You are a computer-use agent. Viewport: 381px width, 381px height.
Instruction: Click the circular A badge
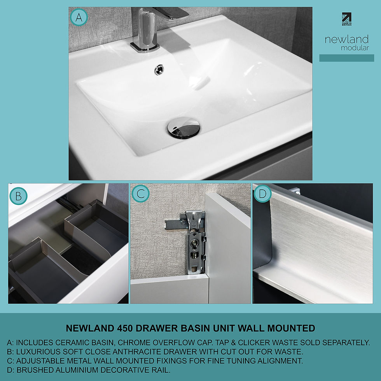point(79,17)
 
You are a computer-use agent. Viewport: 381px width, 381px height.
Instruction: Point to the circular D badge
point(262,194)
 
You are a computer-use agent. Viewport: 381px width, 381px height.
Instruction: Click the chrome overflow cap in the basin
point(159,70)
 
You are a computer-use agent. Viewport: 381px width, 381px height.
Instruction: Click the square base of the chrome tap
point(145,46)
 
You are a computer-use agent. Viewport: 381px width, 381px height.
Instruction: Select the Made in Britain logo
point(346,19)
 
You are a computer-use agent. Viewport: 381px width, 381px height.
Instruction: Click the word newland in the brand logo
point(346,40)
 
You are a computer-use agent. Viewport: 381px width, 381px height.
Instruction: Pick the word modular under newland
point(355,48)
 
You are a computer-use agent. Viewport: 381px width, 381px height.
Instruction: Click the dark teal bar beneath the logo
point(346,58)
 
